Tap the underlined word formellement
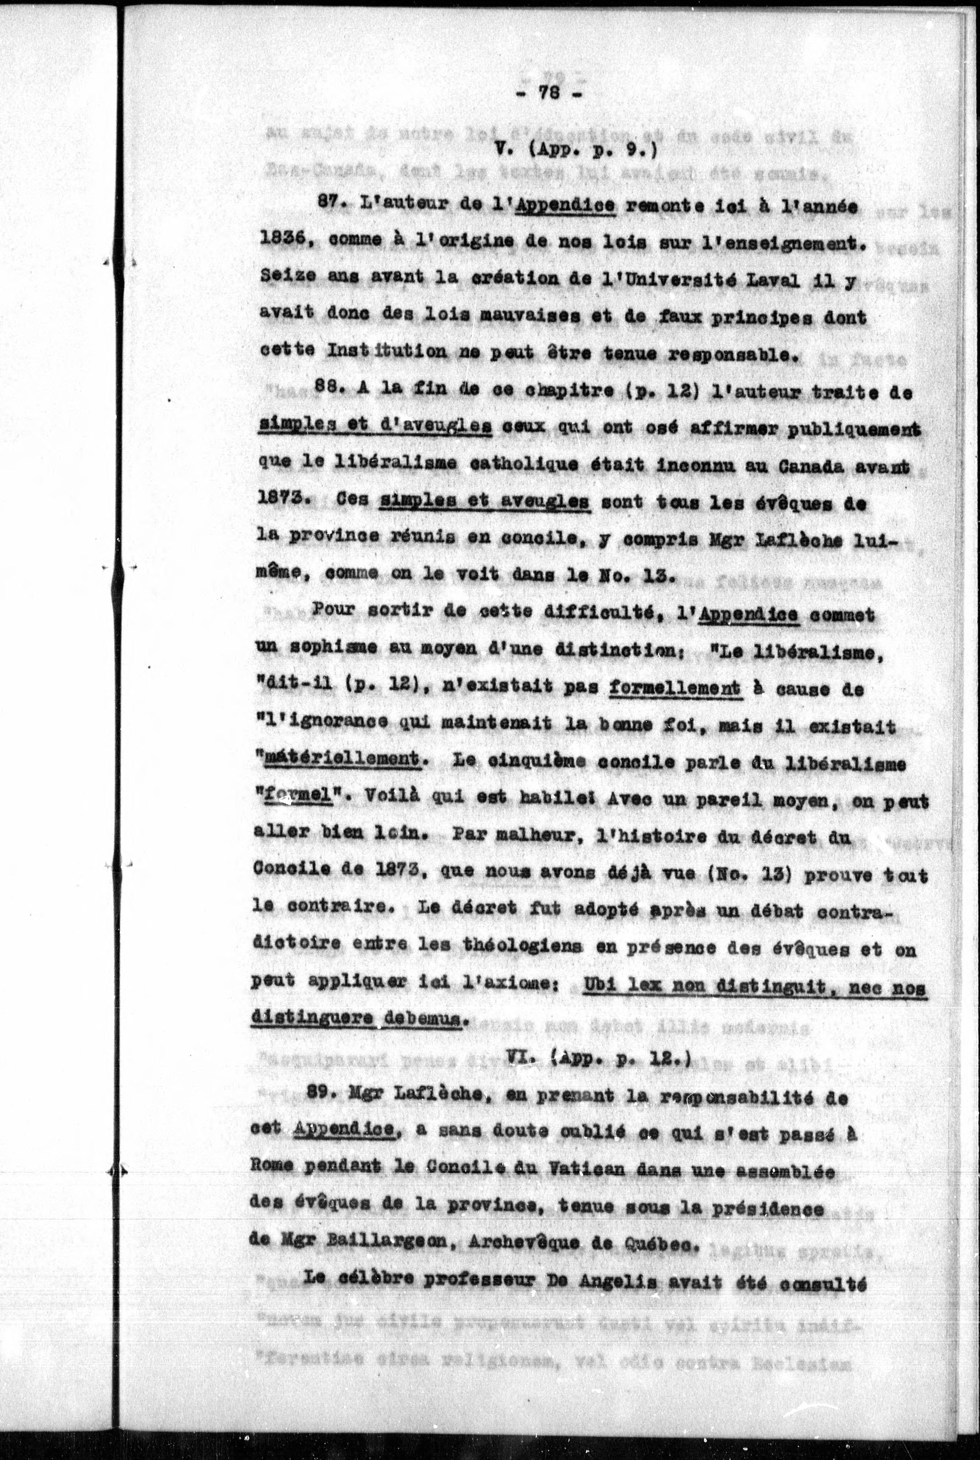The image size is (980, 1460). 675,689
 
